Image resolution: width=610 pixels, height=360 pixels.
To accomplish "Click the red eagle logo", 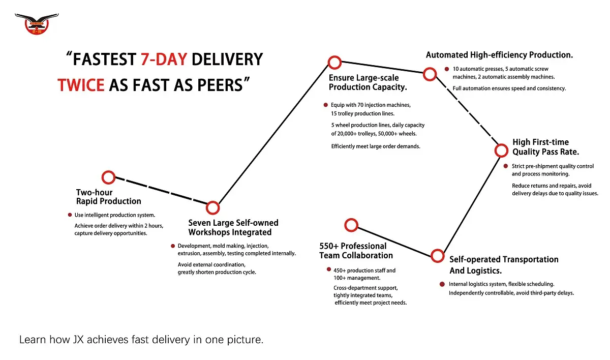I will point(36,23).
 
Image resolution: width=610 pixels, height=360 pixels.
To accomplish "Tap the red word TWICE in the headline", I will point(81,84).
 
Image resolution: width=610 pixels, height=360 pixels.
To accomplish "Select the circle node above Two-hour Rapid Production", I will point(108,177).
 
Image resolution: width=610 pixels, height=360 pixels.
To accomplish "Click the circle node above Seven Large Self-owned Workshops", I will point(213,207).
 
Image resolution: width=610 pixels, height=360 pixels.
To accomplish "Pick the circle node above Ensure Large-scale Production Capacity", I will point(334,63).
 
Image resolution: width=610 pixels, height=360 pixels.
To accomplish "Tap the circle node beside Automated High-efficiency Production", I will point(430,75).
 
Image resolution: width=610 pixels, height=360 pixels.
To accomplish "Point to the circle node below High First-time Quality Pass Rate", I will point(501,151).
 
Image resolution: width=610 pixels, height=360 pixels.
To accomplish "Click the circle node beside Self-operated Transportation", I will point(437,256).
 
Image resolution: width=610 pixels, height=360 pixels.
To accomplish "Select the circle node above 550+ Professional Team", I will point(351,225).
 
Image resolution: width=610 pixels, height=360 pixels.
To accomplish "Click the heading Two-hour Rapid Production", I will point(108,197).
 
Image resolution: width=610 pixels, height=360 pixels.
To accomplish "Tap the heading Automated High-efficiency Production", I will point(499,55).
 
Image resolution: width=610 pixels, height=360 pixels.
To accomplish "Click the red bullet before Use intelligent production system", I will point(70,215).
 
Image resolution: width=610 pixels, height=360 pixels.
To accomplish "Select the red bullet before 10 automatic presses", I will point(446,69).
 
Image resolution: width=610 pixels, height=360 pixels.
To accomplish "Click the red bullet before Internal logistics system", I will point(442,284).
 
